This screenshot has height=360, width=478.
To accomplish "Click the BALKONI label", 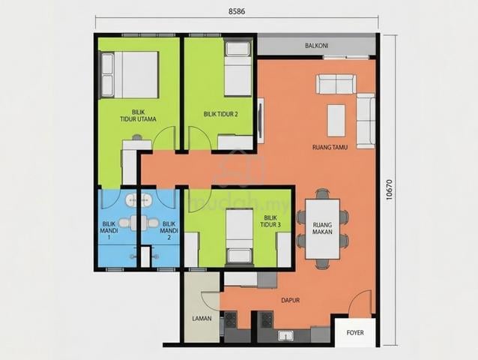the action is point(316,46).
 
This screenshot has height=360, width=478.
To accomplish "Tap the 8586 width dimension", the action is point(237,11).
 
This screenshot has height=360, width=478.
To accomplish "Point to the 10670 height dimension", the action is point(388,189).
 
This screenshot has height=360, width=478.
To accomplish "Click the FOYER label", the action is point(355,332).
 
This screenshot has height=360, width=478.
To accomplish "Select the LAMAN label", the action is point(202,319).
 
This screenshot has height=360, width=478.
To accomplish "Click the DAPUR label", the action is point(290,300).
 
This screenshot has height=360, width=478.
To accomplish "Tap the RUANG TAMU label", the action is point(330,147).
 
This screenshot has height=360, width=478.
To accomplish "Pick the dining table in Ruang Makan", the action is point(322,229).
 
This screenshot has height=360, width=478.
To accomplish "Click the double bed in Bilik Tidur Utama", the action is point(130,75).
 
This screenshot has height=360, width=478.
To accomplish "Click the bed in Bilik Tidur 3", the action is point(239,235).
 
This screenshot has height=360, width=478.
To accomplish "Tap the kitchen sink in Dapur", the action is point(285,336).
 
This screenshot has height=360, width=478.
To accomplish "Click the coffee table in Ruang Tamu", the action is point(336,121).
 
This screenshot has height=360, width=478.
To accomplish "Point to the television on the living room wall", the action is point(260,120).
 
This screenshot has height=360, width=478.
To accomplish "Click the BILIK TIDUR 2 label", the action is point(221,114).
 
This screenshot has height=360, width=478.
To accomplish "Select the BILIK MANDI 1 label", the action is point(109,231).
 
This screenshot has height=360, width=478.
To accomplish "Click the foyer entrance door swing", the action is point(360,304).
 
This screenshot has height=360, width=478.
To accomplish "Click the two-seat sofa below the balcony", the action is point(336,84).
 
